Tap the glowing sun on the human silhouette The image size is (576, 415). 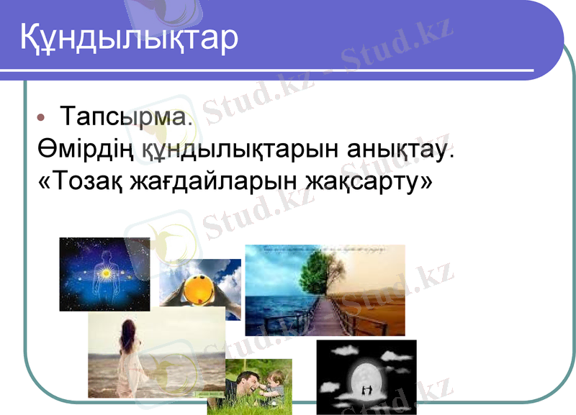pos(104,273)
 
